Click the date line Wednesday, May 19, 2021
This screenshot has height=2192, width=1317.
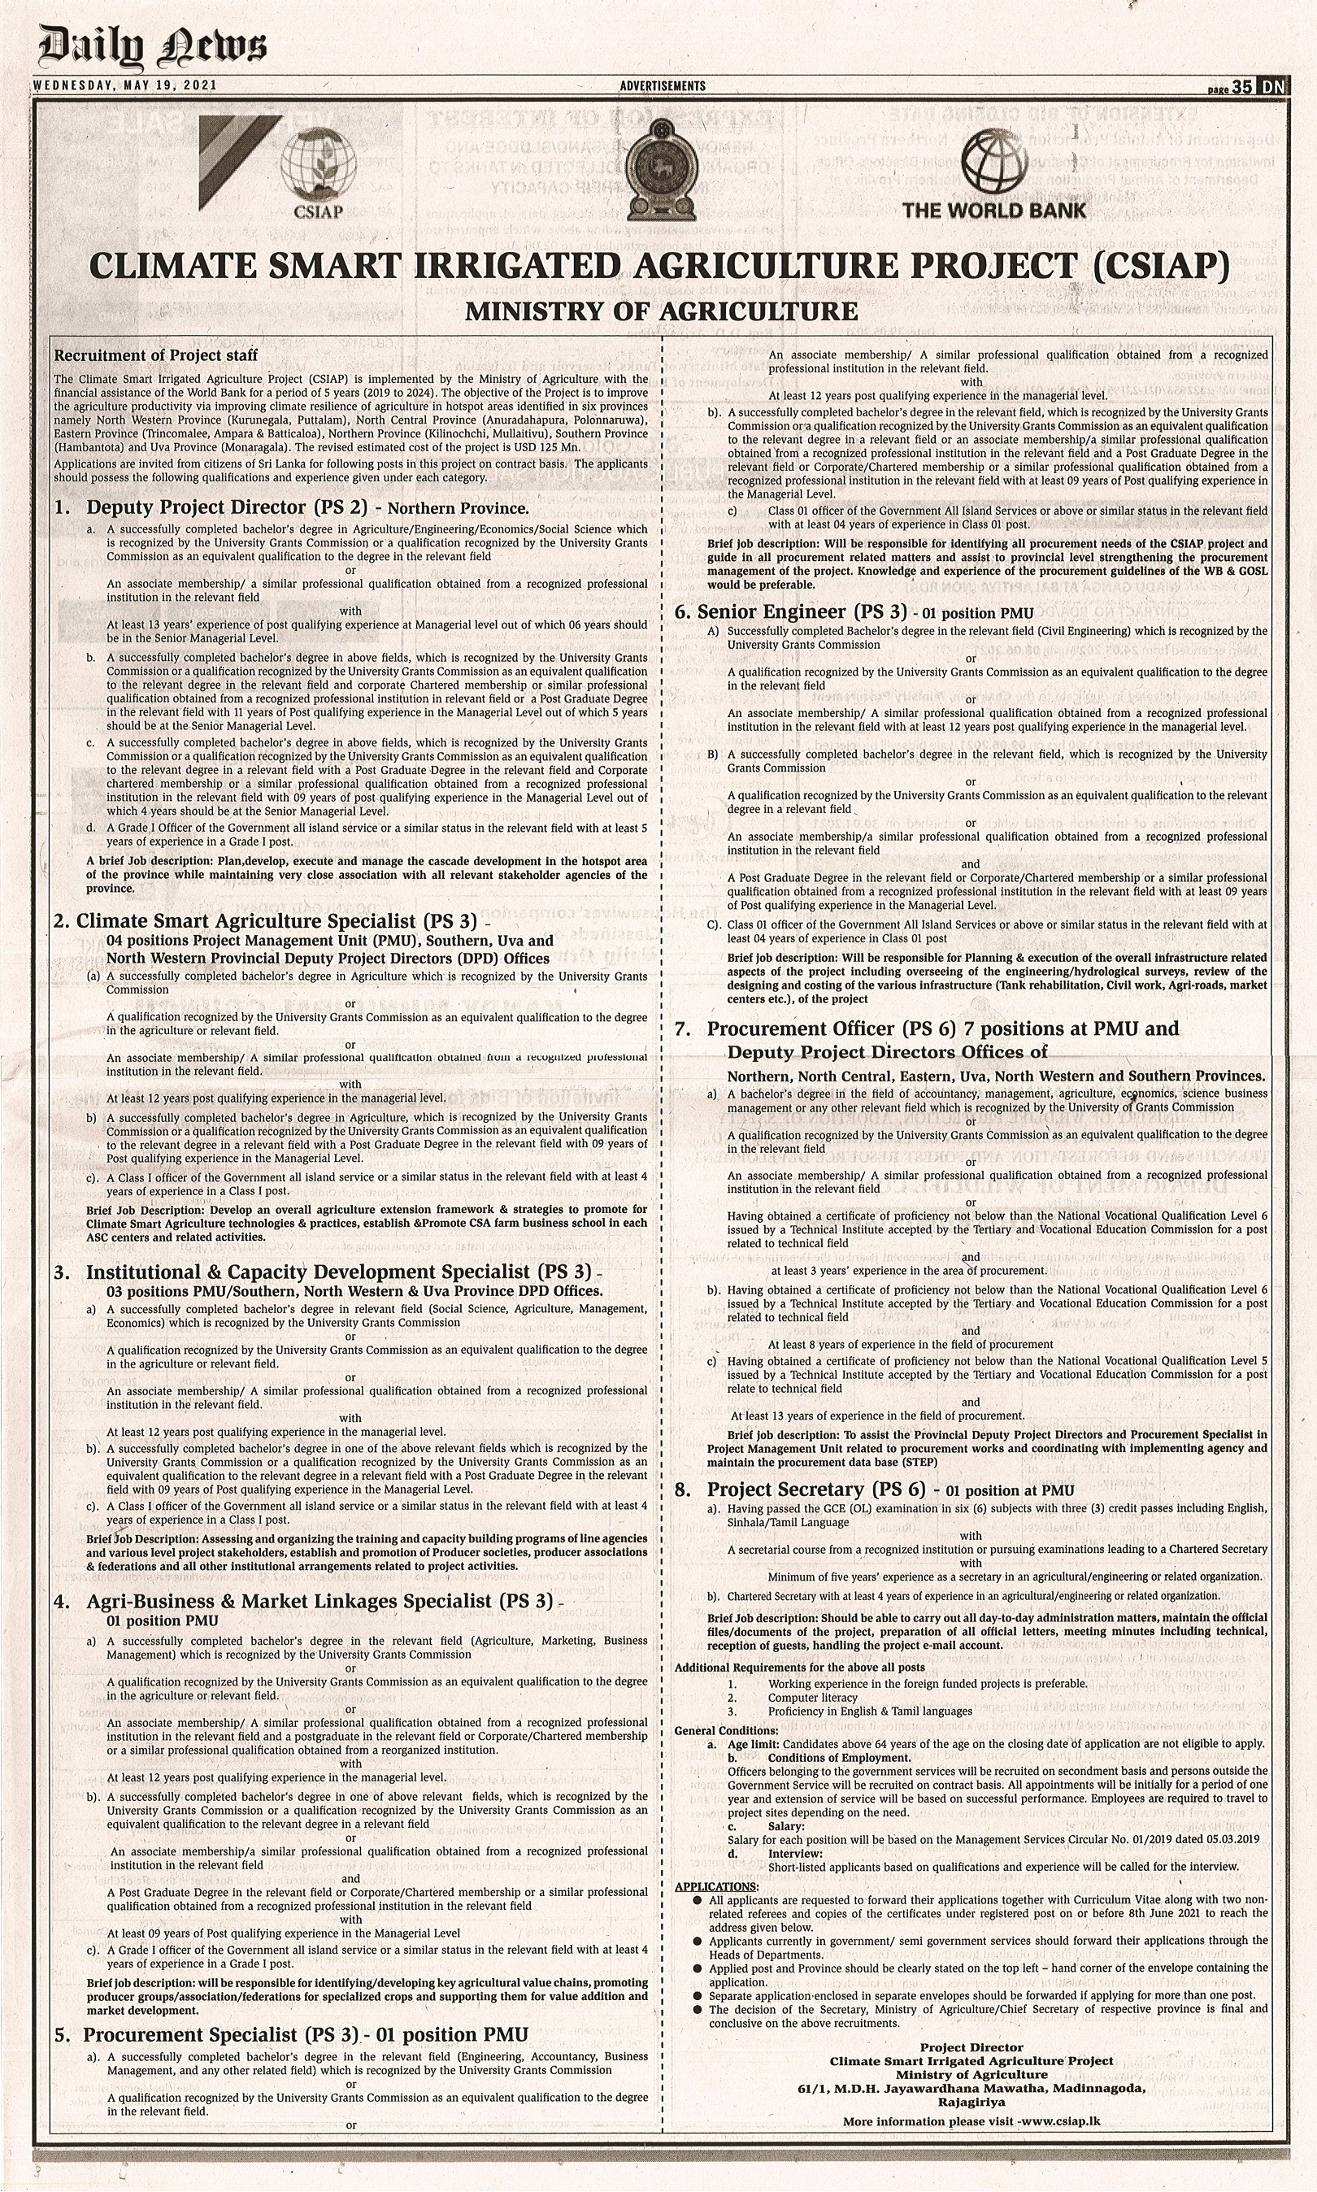point(125,85)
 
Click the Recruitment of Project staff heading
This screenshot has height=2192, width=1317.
point(156,355)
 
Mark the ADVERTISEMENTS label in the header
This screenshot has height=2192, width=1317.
point(663,86)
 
